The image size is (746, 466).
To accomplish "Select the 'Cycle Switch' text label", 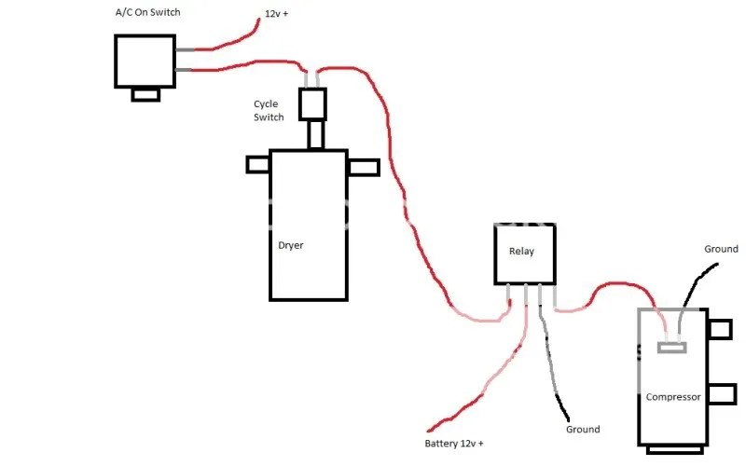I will point(266,110).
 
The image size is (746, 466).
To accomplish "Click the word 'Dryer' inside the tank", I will point(291,246).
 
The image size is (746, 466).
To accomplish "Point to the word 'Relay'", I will point(521,252).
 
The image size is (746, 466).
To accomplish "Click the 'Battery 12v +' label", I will point(454,443).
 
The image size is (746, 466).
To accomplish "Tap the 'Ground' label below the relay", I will point(583,430).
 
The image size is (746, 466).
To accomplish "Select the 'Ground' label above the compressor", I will point(721,249).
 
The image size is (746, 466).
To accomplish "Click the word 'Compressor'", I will point(672,397).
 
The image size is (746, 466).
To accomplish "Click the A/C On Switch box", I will point(145,61).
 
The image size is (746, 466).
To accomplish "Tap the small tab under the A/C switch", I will point(145,93).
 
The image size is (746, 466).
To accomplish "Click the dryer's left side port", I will point(258,164).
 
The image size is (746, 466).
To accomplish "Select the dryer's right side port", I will point(364,167).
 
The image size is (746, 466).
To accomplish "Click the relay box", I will point(524,253).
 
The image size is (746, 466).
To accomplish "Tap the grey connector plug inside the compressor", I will point(671,348).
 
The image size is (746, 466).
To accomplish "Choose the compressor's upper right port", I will point(719,330).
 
